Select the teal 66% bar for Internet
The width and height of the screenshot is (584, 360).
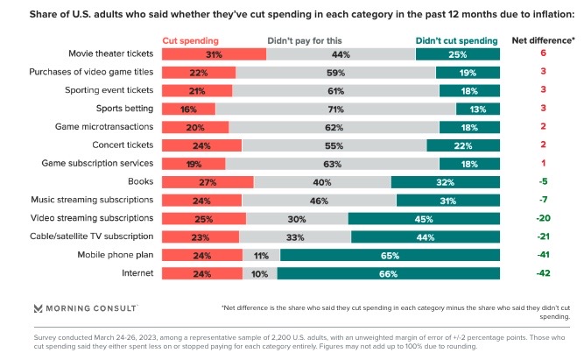389,273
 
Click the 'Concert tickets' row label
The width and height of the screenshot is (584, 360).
121,145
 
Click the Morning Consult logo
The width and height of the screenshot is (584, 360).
85,308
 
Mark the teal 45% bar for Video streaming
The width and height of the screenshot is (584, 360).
424,218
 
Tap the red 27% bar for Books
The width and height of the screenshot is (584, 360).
208,182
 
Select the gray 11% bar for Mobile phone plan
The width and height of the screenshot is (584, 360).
261,255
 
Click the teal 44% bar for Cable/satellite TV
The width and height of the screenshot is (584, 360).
426,236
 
